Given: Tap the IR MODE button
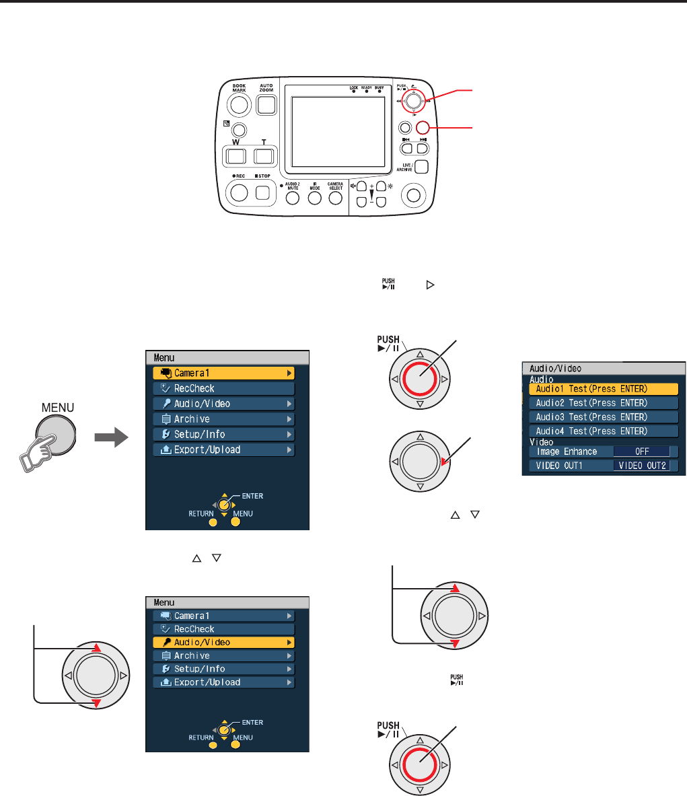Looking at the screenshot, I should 314,198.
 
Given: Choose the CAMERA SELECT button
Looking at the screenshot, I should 335,198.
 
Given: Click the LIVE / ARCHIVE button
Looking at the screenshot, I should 421,168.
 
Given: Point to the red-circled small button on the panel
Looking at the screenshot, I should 423,127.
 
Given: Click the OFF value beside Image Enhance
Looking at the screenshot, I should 641,452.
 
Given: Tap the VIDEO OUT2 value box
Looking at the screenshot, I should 641,466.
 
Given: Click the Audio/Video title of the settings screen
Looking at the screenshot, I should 556,369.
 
